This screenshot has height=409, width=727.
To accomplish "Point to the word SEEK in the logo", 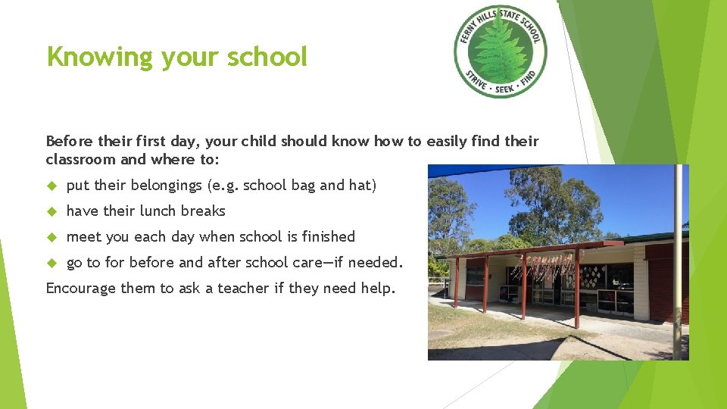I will point(504,90).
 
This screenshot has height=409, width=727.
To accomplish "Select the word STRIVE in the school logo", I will point(475,80).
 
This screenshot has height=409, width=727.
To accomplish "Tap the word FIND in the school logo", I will point(528,79).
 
